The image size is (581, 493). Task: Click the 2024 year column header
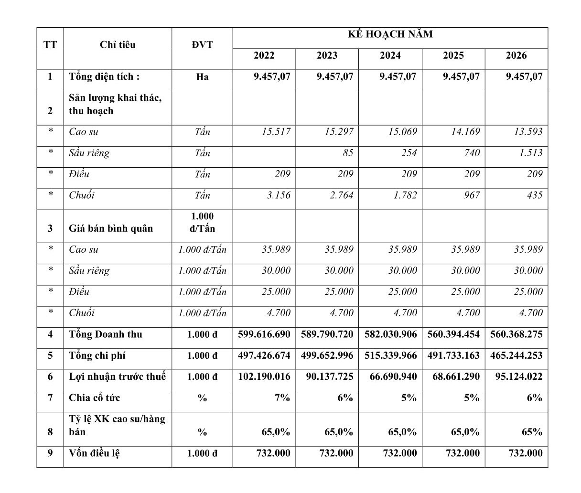point(390,56)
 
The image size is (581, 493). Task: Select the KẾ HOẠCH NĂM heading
point(390,34)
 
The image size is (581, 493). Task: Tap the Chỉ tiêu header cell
point(118,45)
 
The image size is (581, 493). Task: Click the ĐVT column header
point(202,45)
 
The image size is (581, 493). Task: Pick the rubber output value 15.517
point(276,132)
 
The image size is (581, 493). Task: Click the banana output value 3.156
point(276,195)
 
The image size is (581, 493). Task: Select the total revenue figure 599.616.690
point(264,334)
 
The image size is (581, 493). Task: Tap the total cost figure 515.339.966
point(390,355)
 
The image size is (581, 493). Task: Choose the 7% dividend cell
point(282,398)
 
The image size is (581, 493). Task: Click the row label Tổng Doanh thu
point(106,334)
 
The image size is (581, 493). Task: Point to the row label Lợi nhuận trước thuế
point(117,376)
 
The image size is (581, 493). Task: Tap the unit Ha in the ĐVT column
point(202,77)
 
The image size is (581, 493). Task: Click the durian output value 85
point(348,153)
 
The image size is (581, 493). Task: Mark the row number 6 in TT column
point(50,376)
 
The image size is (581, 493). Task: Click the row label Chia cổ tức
point(94,398)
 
